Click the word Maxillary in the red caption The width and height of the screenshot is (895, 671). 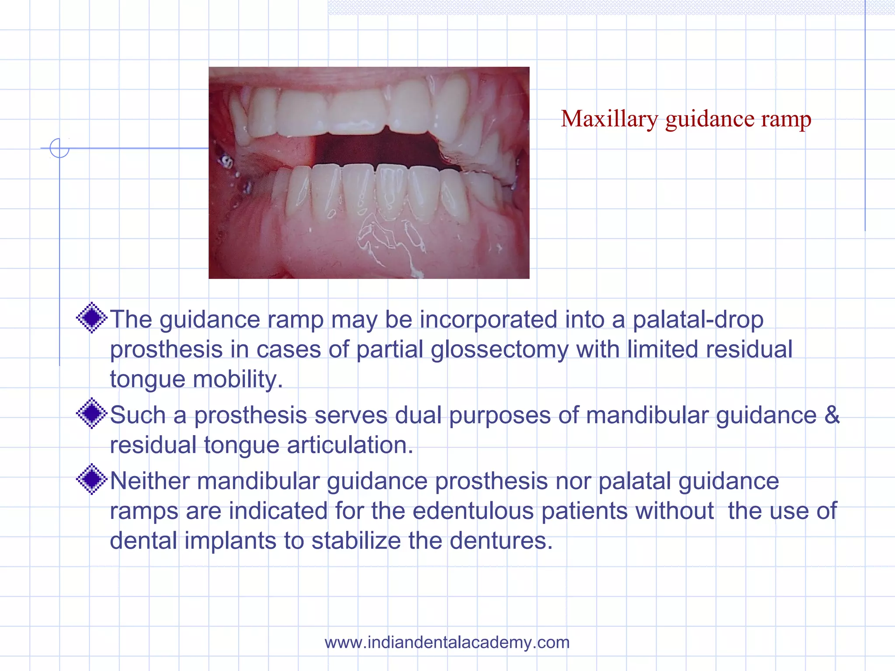[609, 119]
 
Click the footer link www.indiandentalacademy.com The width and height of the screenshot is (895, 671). [447, 642]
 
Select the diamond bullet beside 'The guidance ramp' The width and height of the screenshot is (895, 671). [92, 318]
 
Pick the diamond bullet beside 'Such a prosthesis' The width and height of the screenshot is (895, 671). [92, 413]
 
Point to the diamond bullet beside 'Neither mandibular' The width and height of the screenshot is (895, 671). [92, 479]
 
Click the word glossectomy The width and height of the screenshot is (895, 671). [500, 350]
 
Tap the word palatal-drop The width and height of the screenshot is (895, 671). [698, 320]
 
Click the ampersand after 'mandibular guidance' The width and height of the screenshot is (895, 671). [832, 415]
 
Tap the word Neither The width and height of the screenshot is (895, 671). [149, 481]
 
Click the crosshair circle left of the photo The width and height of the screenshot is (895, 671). [59, 148]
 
